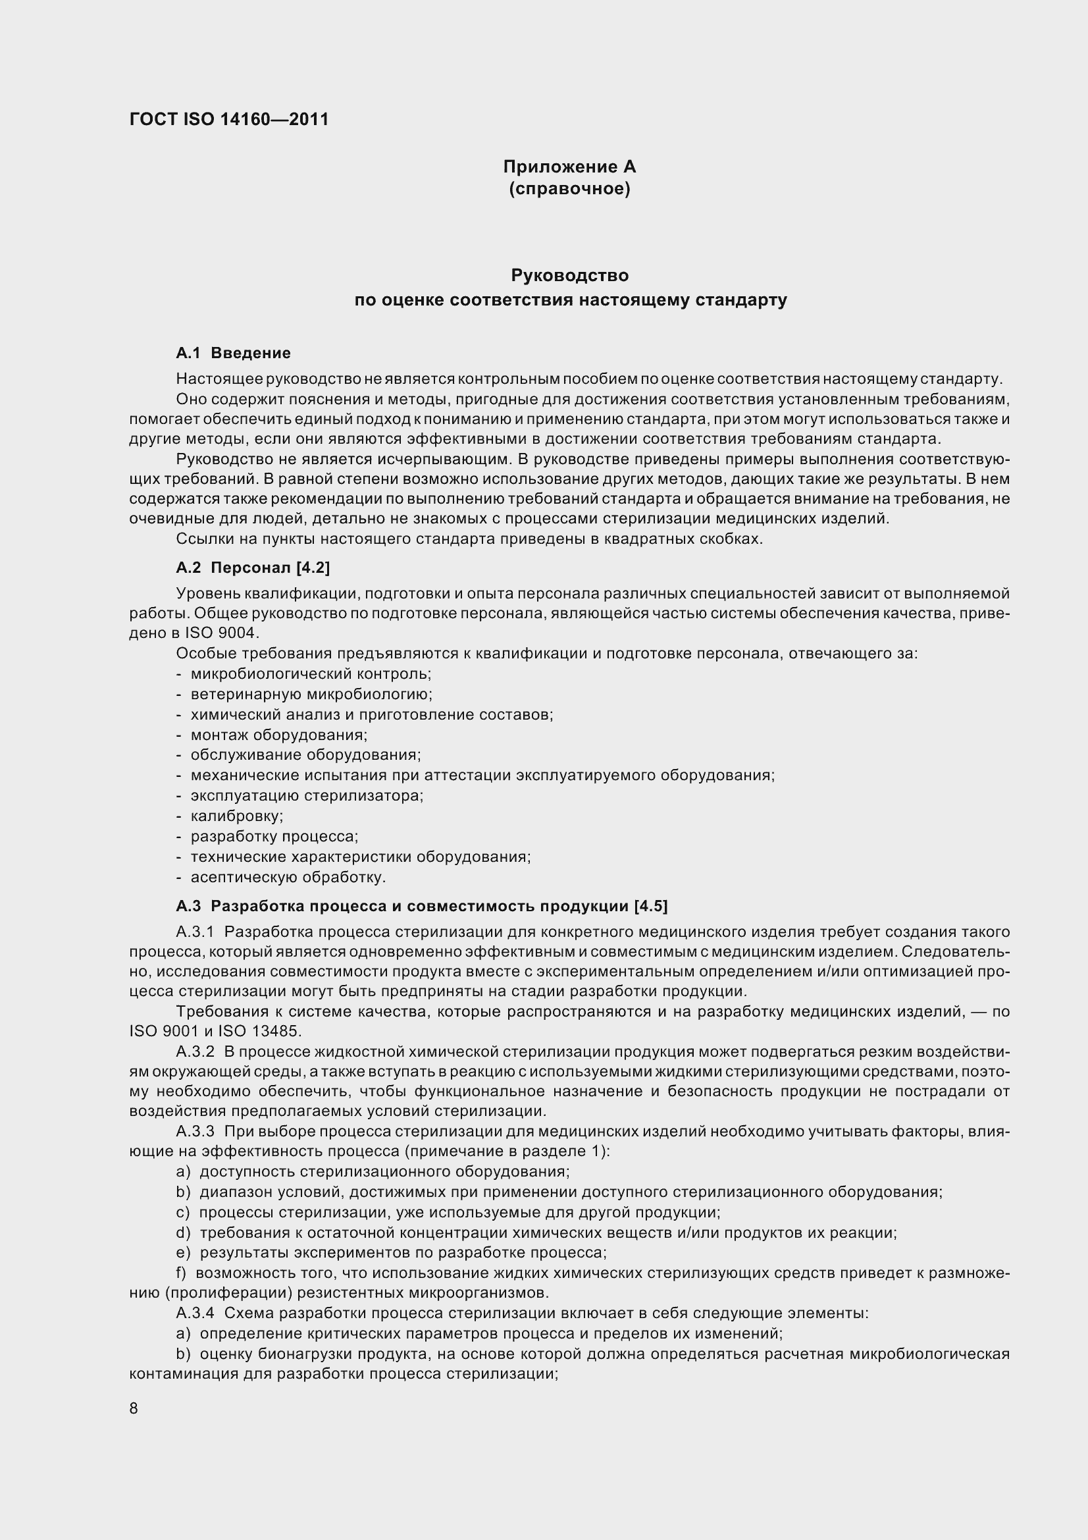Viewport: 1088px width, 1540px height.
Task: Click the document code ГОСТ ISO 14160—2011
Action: pyautogui.click(x=228, y=119)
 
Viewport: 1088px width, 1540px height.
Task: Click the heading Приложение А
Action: pyautogui.click(x=569, y=167)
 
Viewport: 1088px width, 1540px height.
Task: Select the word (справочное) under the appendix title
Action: pyautogui.click(x=569, y=189)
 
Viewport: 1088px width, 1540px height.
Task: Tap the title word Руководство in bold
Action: pyautogui.click(x=569, y=276)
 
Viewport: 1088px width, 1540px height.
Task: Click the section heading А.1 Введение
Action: pyautogui.click(x=233, y=353)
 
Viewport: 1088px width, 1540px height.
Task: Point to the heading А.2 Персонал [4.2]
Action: pyautogui.click(x=253, y=568)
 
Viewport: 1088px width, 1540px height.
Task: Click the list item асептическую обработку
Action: pyautogui.click(x=288, y=877)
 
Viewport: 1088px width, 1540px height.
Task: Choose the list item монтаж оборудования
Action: pyautogui.click(x=279, y=735)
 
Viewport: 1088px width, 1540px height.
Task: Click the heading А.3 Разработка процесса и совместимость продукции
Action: pyautogui.click(x=422, y=906)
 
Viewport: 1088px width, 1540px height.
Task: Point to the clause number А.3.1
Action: pyautogui.click(x=194, y=932)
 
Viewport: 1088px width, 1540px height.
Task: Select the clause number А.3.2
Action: pyautogui.click(x=194, y=1051)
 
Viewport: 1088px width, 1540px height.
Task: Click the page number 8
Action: pyautogui.click(x=134, y=1408)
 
